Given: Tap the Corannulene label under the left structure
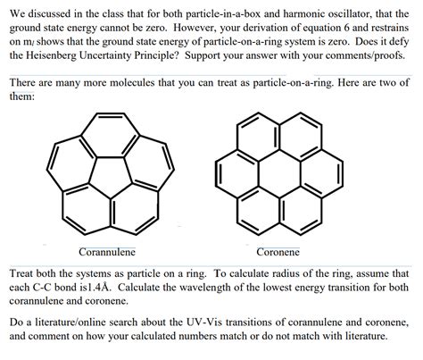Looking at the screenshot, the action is tap(107, 252).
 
